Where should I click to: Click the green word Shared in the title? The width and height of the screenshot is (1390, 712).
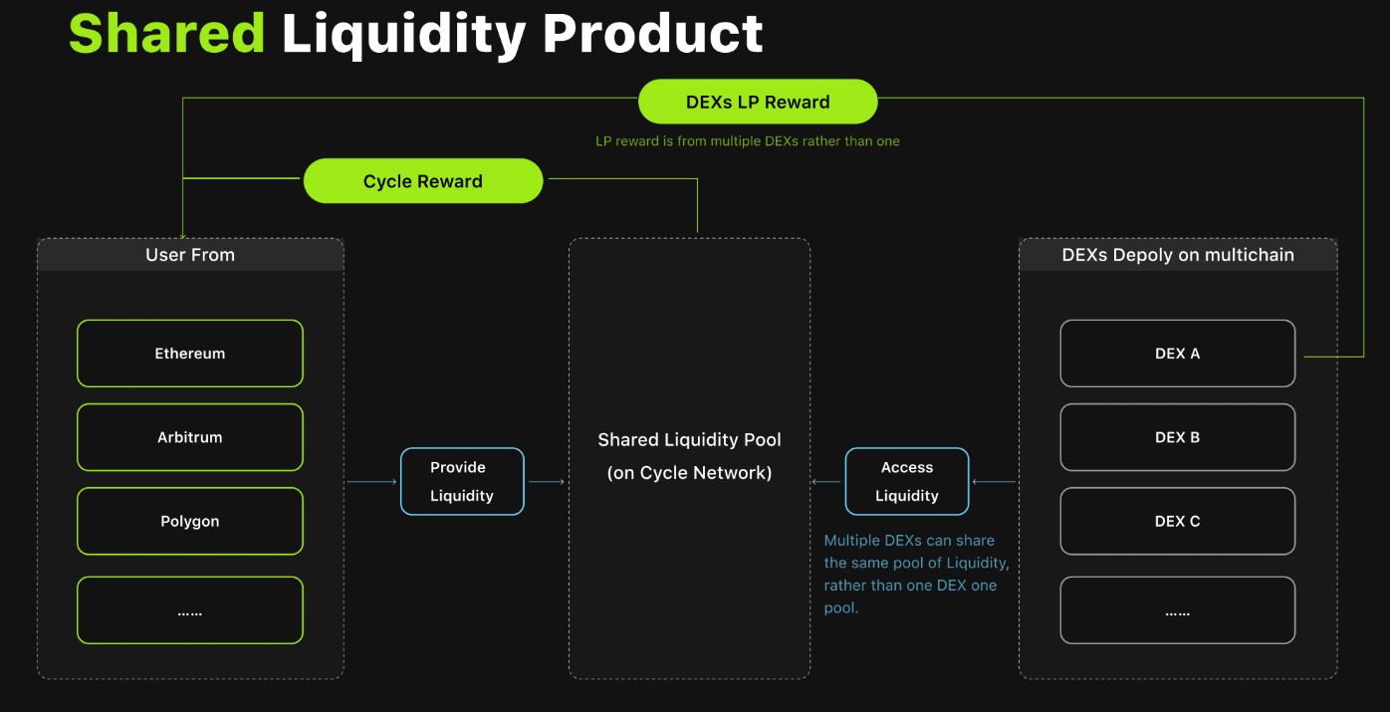[x=167, y=34]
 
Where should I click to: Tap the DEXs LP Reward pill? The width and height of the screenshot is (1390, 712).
[x=758, y=102]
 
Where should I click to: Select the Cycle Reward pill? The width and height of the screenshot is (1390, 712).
[x=423, y=180]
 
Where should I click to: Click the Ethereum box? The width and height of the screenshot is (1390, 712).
[x=190, y=354]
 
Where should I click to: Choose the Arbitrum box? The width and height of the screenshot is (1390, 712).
[x=190, y=437]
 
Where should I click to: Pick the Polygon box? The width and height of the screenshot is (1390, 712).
[x=190, y=521]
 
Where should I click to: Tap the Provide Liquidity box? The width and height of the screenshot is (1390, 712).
[x=462, y=481]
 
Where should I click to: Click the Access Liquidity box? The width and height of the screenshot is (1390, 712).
[x=907, y=481]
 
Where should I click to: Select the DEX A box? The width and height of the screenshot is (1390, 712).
[x=1178, y=354]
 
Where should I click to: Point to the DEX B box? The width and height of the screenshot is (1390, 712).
[x=1178, y=437]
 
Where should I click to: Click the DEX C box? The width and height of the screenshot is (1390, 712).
[x=1178, y=521]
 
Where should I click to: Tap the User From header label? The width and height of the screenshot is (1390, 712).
[x=190, y=255]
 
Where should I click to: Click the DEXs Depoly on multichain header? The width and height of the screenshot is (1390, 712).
[x=1178, y=255]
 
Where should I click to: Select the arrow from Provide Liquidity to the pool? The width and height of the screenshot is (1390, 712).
[x=546, y=482]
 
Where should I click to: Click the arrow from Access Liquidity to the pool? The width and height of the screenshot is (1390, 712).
[x=825, y=482]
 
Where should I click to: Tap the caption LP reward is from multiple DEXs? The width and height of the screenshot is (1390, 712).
[x=748, y=141]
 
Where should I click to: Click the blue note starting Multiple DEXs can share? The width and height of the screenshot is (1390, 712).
[x=916, y=574]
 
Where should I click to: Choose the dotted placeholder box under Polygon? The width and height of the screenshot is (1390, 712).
[x=190, y=610]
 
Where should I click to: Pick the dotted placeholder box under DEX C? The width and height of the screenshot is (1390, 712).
[x=1178, y=610]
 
